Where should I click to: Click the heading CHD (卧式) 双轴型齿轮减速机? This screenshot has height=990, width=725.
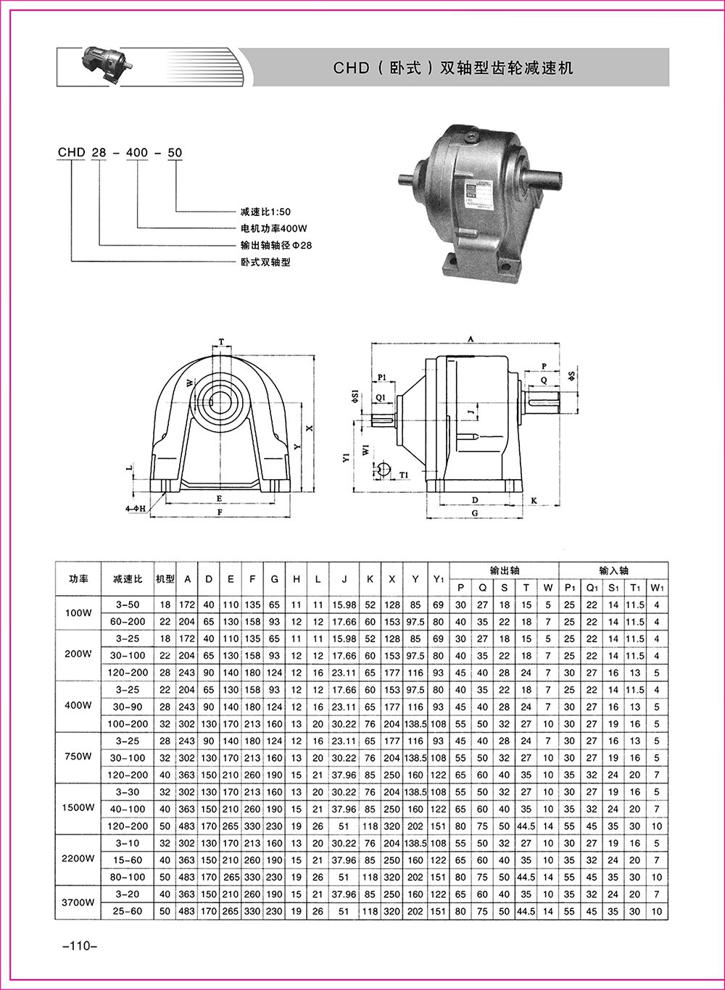[x=453, y=67]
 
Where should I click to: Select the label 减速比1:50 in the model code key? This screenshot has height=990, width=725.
[x=265, y=212]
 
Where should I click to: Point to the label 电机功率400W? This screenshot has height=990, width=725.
[x=273, y=228]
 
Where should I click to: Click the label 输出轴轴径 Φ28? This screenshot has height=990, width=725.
[x=276, y=245]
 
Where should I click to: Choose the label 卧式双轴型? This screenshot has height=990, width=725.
[x=265, y=262]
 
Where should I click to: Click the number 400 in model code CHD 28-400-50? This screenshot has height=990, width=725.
[x=137, y=152]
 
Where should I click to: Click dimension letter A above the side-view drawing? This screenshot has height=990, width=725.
[x=471, y=339]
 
